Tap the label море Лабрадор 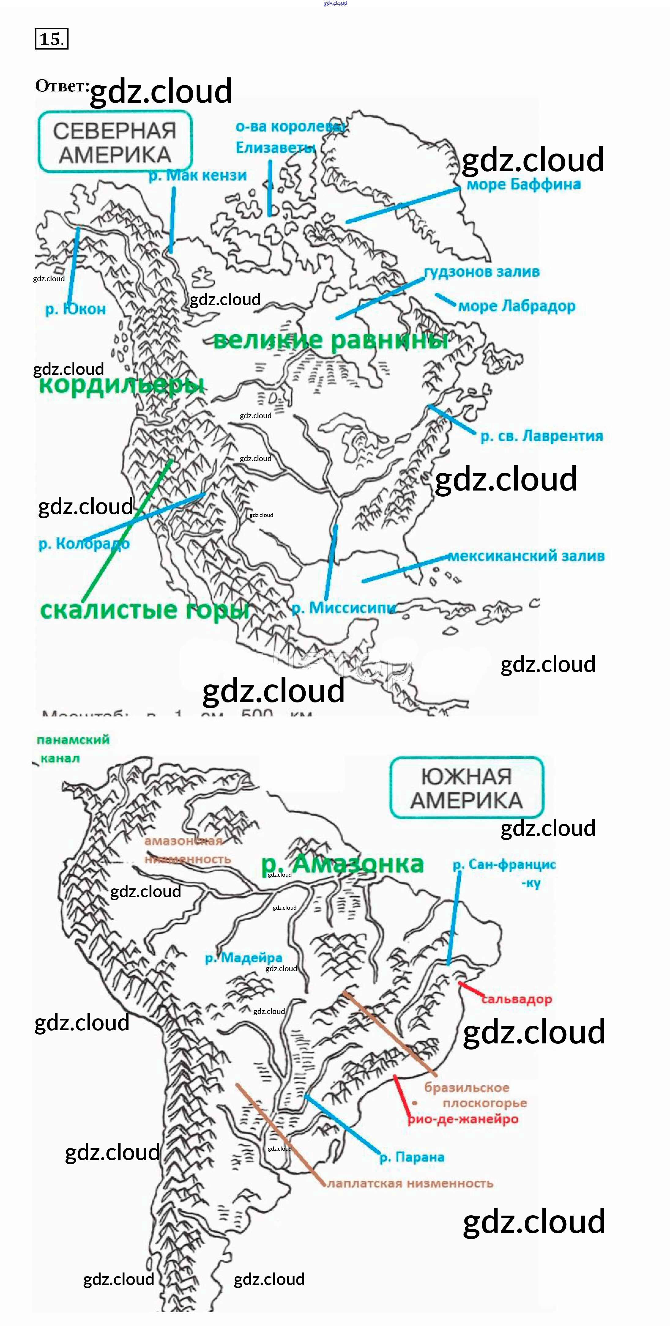[516, 306]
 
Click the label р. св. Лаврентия [541, 436]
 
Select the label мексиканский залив [526, 556]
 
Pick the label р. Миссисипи [344, 608]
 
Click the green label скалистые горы [144, 610]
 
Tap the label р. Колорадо [84, 543]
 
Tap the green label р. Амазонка [342, 864]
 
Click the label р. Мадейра [244, 958]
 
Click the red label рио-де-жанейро [463, 1119]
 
